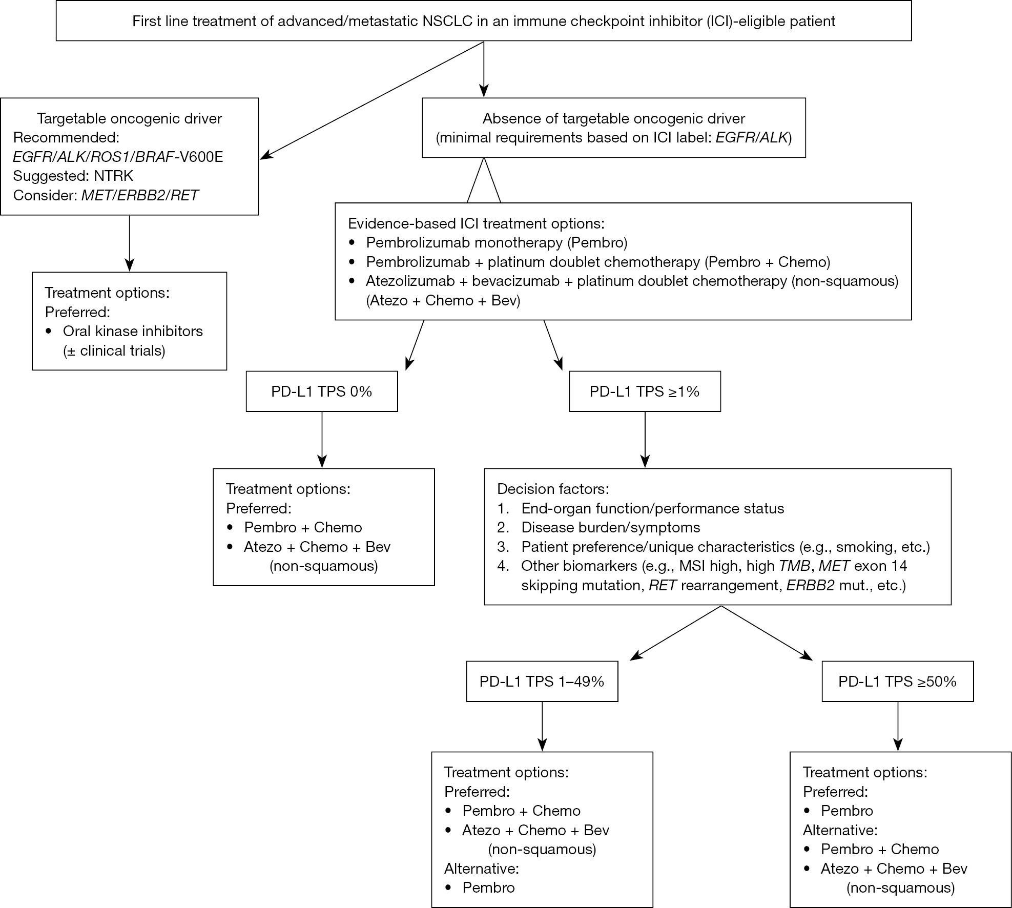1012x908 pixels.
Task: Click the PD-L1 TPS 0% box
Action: click(x=322, y=391)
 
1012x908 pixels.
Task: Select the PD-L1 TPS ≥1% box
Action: click(x=645, y=391)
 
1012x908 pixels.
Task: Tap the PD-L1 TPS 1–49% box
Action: click(x=542, y=682)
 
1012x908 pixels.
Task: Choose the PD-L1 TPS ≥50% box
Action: click(x=898, y=682)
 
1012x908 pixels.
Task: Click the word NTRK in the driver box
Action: click(x=113, y=176)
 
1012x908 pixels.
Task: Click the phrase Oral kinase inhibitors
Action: click(x=133, y=331)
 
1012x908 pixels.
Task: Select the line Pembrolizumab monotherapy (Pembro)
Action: click(x=497, y=242)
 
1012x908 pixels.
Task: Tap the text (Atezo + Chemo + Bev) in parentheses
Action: click(x=443, y=300)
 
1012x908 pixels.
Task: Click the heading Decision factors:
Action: click(x=553, y=489)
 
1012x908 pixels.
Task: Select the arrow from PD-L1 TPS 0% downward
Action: click(x=322, y=440)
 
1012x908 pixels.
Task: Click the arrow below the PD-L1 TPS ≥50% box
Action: click(x=898, y=726)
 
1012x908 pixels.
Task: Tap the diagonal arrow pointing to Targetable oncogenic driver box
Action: click(x=373, y=100)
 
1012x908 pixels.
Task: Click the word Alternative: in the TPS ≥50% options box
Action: click(x=840, y=830)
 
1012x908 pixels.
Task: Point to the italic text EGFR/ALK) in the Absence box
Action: click(x=754, y=137)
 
